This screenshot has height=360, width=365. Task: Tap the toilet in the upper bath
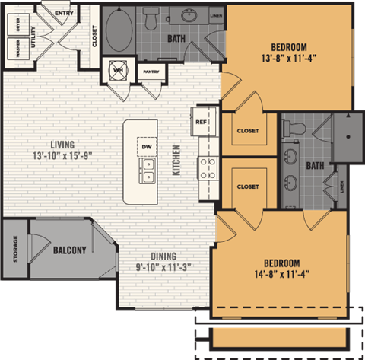[x=151, y=21]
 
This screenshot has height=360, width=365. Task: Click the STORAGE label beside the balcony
[x=15, y=250]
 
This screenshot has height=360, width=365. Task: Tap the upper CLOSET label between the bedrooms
[x=248, y=131]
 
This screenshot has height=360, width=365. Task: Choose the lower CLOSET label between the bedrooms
[x=248, y=186]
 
